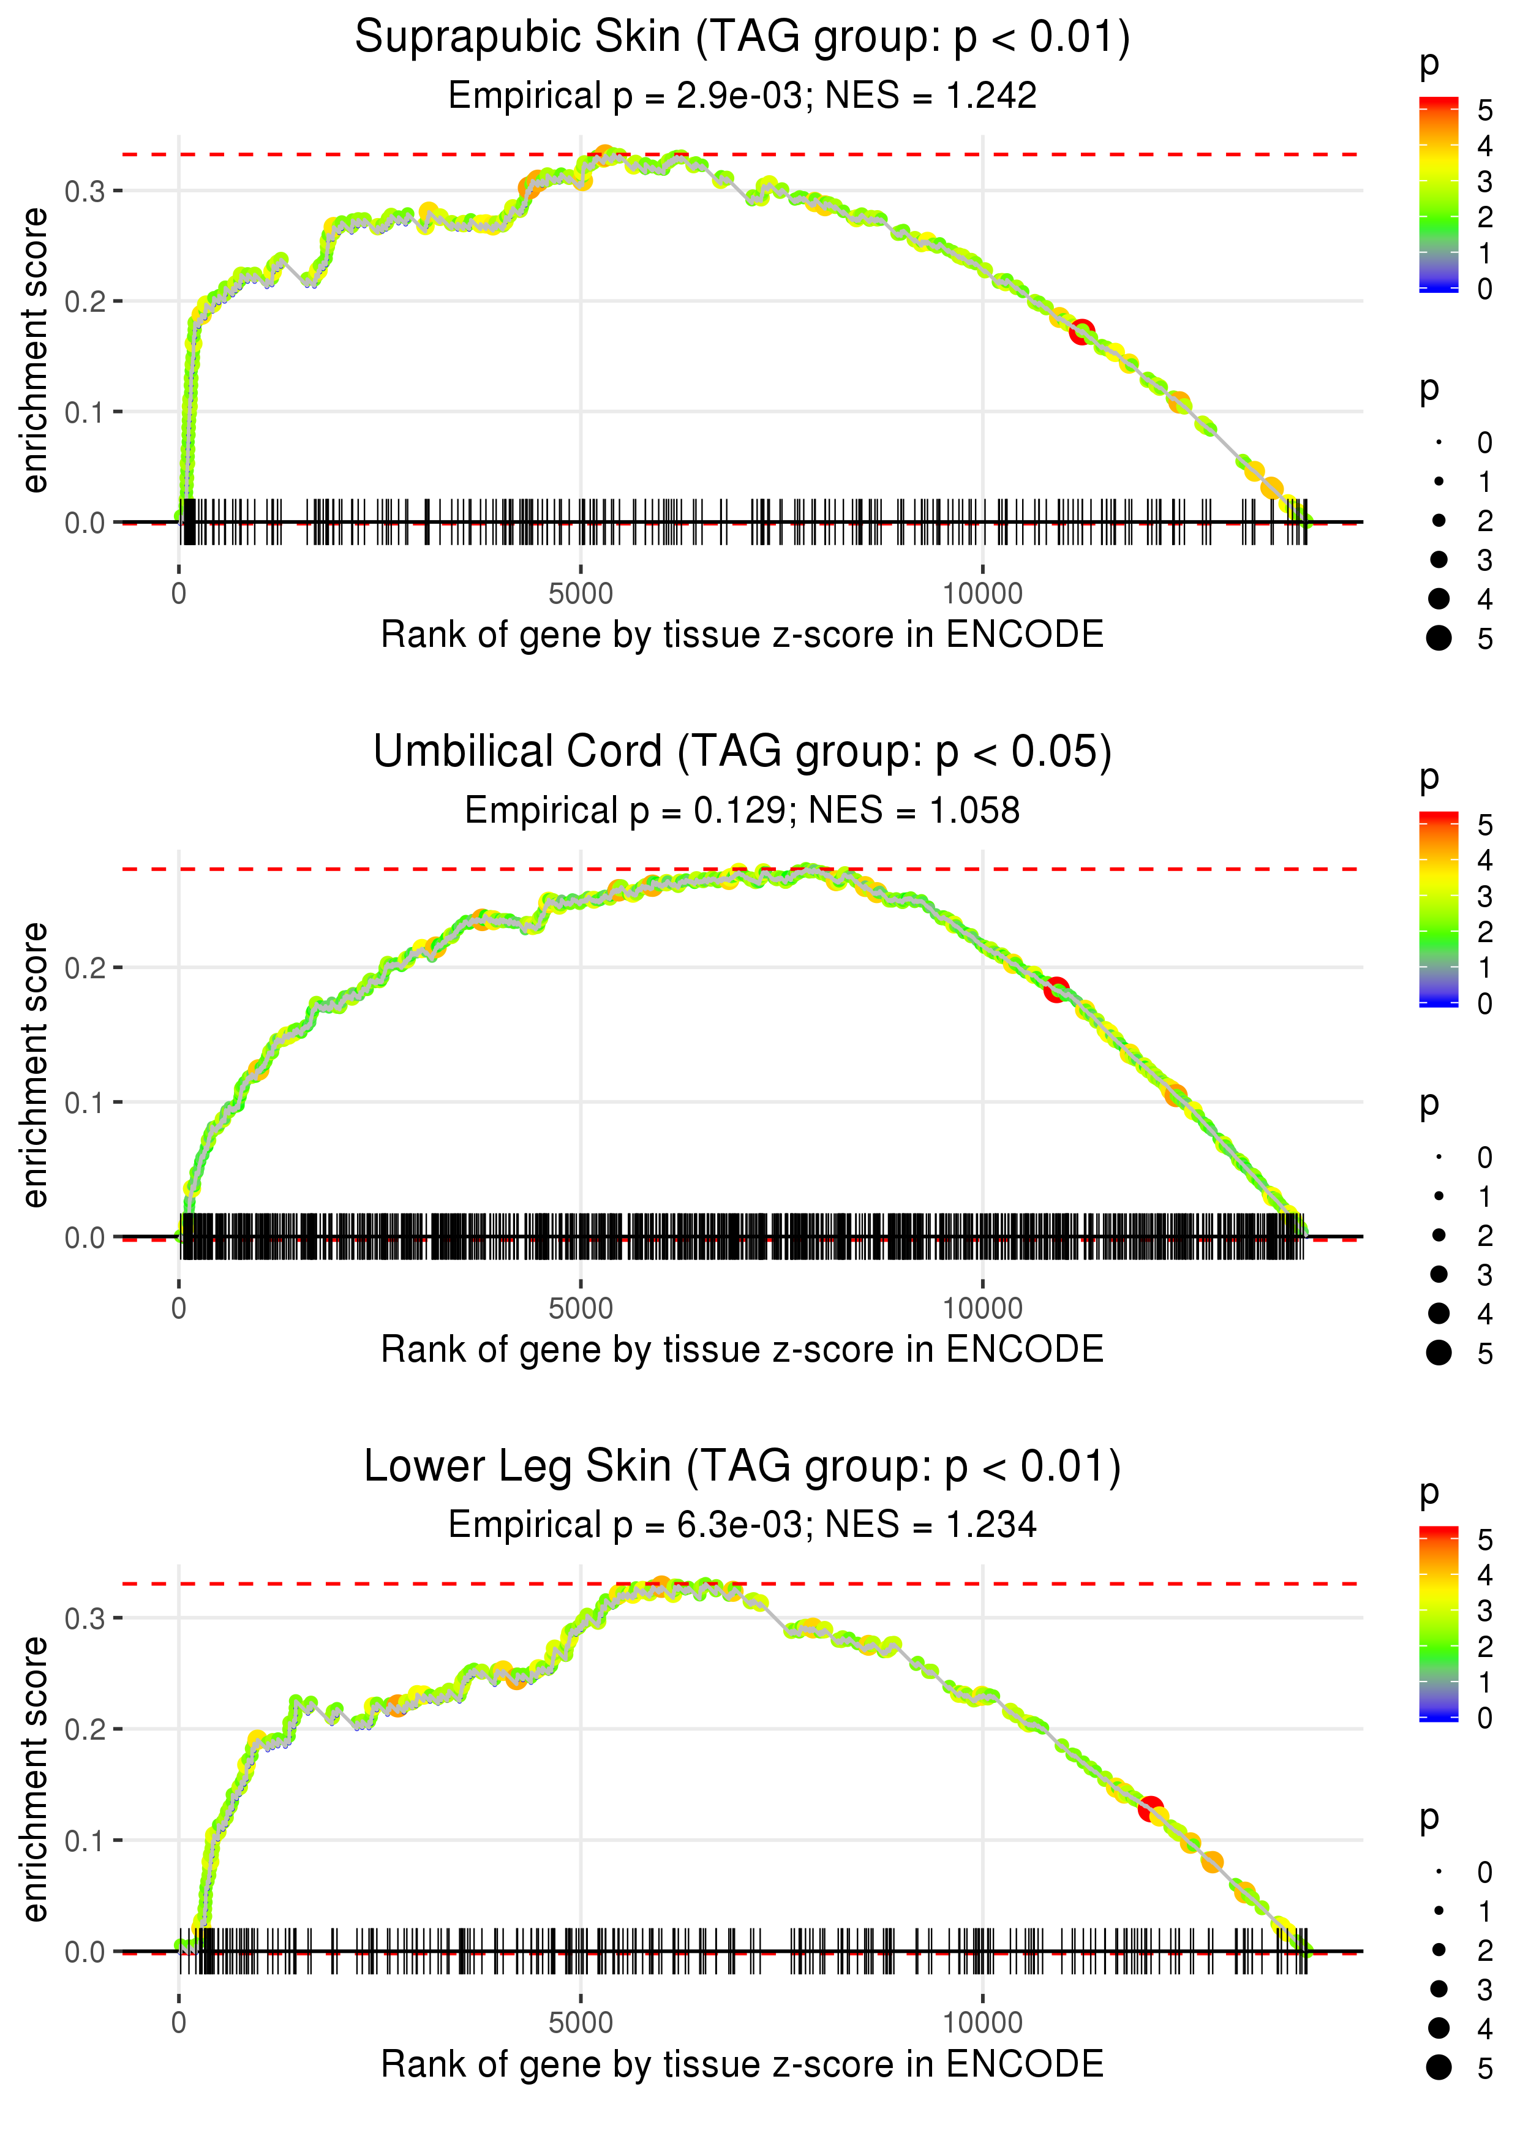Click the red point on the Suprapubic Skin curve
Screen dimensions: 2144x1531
(1081, 331)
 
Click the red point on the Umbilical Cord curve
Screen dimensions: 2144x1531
(1057, 989)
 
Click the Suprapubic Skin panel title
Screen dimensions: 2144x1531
(742, 38)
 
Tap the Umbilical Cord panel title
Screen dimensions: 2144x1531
(742, 752)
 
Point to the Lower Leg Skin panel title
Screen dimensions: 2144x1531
(742, 1467)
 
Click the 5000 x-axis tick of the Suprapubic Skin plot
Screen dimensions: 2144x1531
(581, 594)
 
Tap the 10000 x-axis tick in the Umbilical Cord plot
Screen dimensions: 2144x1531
(982, 1308)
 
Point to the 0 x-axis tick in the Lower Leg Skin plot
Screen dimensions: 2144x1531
(179, 2023)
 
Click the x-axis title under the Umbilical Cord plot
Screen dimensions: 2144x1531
(742, 1349)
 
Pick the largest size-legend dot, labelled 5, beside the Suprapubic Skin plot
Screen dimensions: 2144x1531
(1439, 638)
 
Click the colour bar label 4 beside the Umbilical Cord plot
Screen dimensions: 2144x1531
(1485, 860)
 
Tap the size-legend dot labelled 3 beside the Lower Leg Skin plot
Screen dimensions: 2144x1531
(1439, 1988)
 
